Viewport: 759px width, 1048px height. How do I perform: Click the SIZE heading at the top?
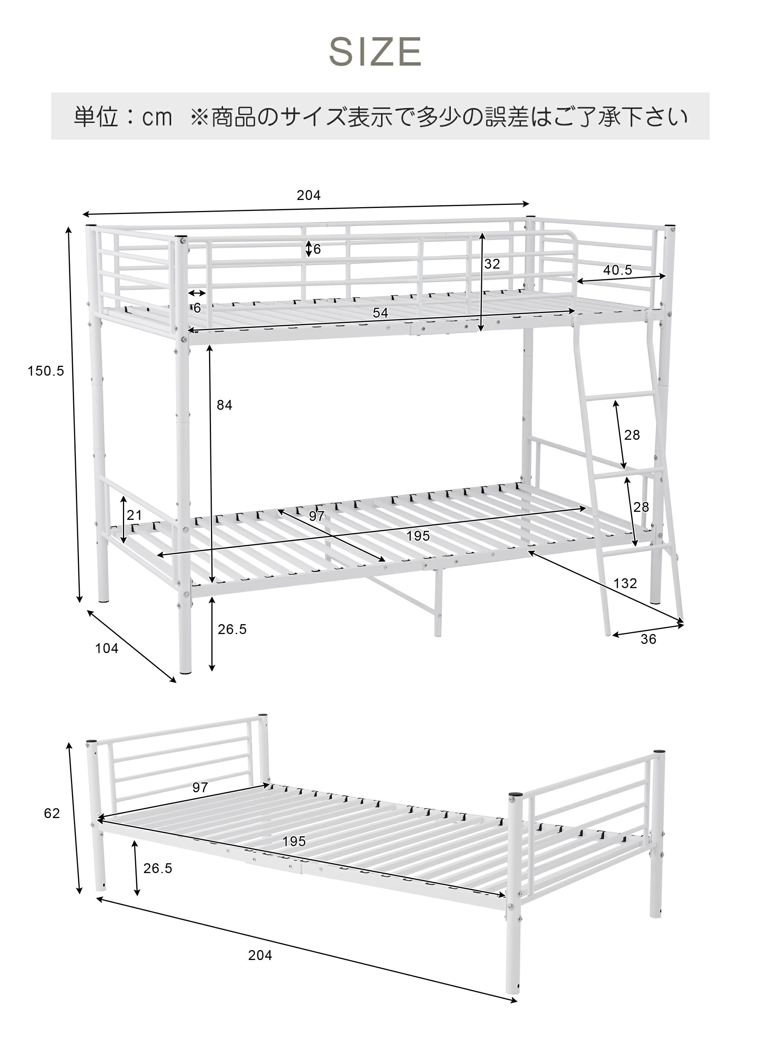(375, 52)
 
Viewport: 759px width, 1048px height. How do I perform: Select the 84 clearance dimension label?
(225, 405)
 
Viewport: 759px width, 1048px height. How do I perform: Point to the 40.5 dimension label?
(617, 270)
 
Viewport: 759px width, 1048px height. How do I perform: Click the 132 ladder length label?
(625, 583)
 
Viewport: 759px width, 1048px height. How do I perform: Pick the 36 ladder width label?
(649, 639)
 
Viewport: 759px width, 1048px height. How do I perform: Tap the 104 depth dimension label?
(107, 648)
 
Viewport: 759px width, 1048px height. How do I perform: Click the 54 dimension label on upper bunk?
(380, 313)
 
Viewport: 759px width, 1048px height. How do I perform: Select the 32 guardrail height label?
(492, 264)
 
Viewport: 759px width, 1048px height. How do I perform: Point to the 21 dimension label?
(134, 515)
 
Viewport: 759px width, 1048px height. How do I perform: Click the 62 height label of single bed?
(52, 813)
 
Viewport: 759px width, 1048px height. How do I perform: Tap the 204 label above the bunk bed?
(309, 195)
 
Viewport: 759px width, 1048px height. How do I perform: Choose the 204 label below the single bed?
(260, 955)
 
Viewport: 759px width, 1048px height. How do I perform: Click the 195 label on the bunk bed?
(418, 536)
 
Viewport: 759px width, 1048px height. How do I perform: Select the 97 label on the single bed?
(200, 787)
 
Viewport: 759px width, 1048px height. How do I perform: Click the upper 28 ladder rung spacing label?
(632, 435)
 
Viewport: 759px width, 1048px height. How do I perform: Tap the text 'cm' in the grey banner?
(157, 117)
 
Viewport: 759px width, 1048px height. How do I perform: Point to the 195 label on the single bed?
(294, 842)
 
